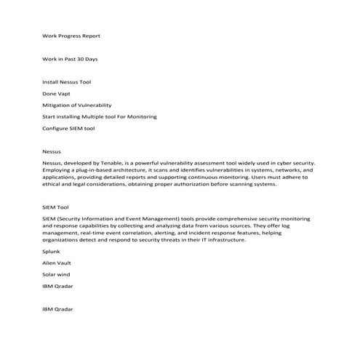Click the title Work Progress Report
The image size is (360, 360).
[71, 35]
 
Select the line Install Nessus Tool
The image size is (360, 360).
[67, 82]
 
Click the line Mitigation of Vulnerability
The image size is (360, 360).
[77, 105]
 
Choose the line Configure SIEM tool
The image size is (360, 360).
[68, 129]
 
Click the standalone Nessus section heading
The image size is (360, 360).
[52, 152]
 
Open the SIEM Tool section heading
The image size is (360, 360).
[55, 207]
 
